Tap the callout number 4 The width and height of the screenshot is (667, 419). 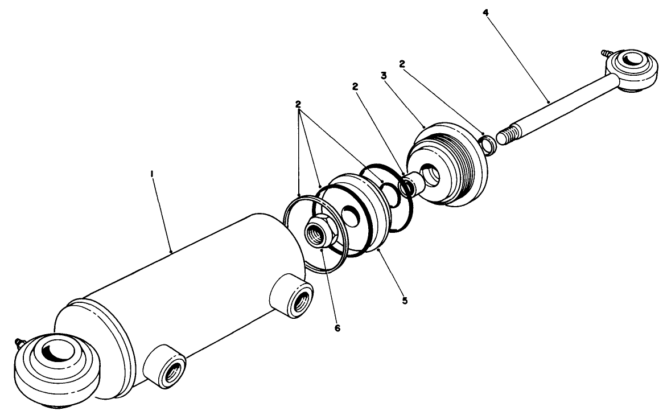pos(485,12)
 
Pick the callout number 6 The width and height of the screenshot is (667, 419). pos(337,328)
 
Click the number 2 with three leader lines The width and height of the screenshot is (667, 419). pos(298,104)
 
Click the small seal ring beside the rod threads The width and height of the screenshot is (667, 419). pos(488,144)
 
